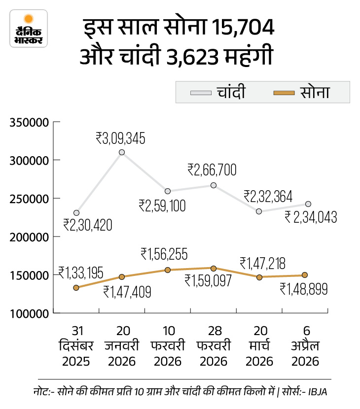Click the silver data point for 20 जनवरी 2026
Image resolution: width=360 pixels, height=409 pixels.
pos(122,152)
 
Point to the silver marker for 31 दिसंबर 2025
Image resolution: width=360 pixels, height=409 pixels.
pos(76,213)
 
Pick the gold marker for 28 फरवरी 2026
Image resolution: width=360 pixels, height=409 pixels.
pos(214,269)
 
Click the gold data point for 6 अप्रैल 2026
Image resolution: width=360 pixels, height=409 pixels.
pos(305,275)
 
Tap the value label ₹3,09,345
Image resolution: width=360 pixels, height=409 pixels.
pos(120,138)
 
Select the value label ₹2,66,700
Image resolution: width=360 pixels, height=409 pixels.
pos(212,170)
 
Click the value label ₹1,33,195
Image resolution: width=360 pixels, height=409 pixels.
pos(81,272)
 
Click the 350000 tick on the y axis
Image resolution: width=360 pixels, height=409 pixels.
pos(28,122)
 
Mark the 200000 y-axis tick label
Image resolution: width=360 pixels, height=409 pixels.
pos(28,237)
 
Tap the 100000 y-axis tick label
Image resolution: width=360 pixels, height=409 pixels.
pos(28,313)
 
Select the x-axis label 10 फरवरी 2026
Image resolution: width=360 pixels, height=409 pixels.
pos(168,346)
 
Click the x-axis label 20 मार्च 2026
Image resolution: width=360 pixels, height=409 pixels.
pos(259,346)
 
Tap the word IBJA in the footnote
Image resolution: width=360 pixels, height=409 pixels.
pos(323,391)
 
